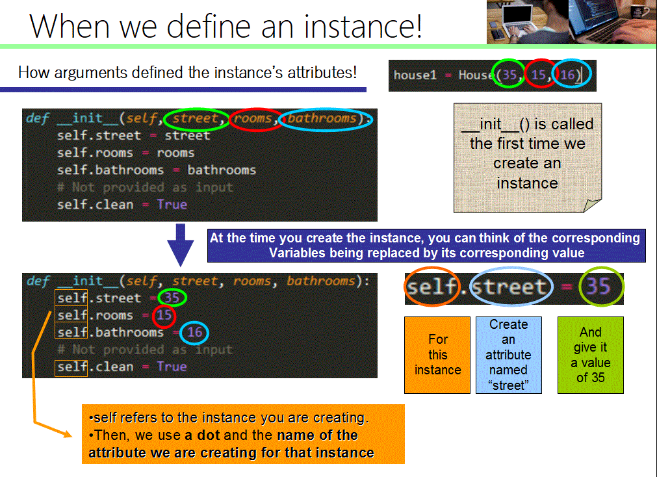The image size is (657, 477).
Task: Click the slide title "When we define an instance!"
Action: point(225,26)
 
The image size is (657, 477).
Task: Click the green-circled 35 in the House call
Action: point(509,75)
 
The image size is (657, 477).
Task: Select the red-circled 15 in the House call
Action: point(539,75)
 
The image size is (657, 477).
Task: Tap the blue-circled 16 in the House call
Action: point(567,75)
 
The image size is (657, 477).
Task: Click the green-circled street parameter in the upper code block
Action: point(195,118)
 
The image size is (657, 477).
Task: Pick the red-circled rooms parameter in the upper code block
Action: point(253,118)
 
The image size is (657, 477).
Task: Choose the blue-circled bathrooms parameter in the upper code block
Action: point(322,118)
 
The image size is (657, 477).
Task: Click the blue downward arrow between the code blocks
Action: point(180,245)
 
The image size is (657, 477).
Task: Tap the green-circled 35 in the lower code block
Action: point(172,298)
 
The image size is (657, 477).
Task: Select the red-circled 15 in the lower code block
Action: point(164,315)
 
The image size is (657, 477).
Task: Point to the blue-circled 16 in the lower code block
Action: point(194,332)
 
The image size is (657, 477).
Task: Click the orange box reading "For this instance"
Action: point(437,355)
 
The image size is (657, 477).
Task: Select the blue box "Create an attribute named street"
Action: point(509,355)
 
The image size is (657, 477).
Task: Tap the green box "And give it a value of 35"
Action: point(590,355)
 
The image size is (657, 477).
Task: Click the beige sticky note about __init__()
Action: point(528,158)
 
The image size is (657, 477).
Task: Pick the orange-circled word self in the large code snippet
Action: point(432,287)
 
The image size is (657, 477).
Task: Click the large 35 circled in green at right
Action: point(598,287)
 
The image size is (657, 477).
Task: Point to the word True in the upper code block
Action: point(172,205)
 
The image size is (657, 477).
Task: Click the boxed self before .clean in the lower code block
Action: point(71,367)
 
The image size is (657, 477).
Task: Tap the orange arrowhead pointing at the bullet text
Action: point(67,433)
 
